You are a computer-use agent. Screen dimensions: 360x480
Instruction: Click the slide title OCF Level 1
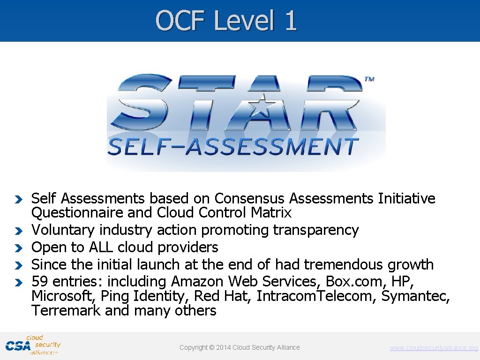226,21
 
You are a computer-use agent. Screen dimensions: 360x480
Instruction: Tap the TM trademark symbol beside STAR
369,79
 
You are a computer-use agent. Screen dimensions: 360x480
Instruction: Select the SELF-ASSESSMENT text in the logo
233,147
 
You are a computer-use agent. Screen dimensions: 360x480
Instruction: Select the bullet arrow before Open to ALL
18,247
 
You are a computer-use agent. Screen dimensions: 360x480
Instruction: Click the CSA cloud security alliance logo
33,345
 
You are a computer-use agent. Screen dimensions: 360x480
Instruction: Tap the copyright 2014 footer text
240,347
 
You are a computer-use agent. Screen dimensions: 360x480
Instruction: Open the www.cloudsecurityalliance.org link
434,348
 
